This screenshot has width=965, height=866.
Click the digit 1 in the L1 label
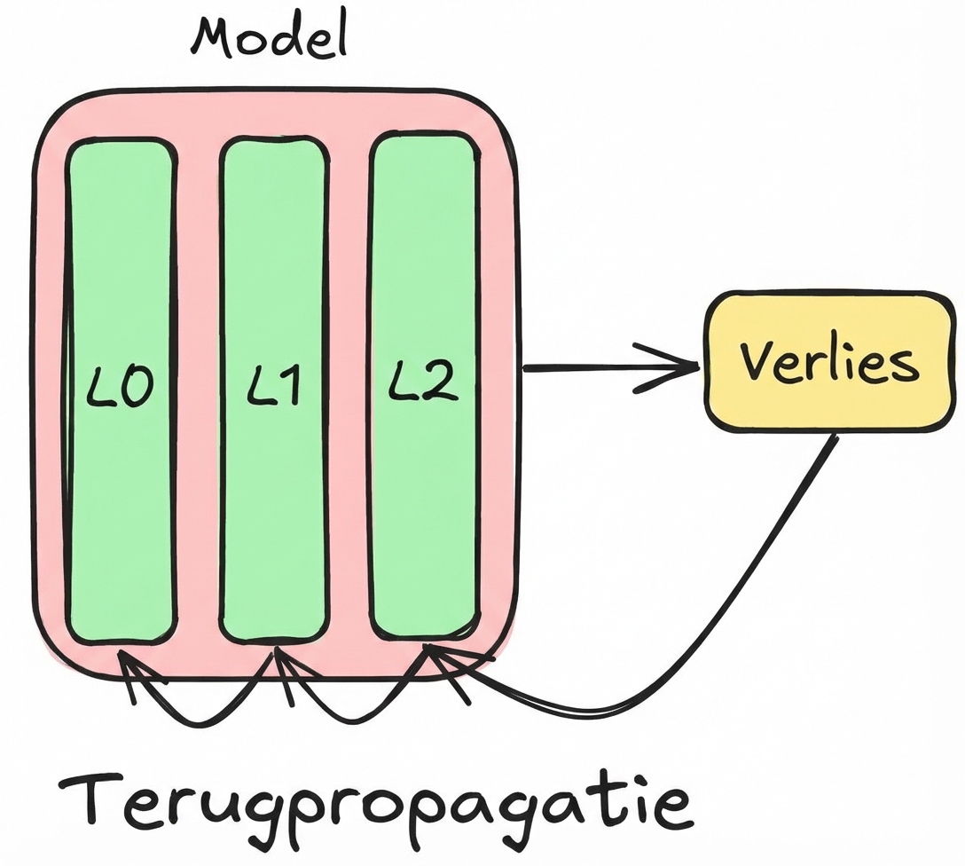(x=287, y=387)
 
